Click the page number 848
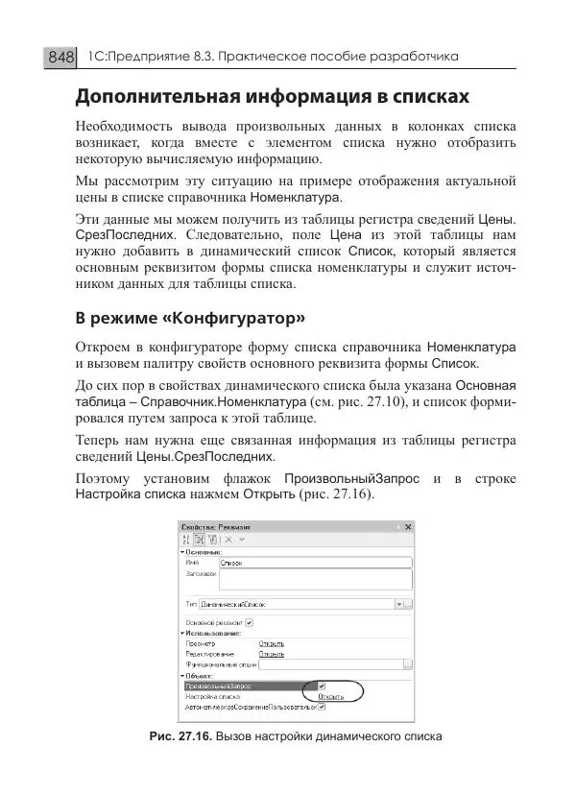tap(60, 58)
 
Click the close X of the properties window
tap(408, 526)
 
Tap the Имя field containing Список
tap(315, 564)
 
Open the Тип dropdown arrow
tap(397, 605)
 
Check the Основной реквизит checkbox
tap(250, 622)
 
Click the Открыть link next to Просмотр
tap(272, 643)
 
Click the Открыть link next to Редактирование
tap(272, 653)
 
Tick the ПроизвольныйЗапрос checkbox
tap(322, 687)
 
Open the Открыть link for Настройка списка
tap(330, 697)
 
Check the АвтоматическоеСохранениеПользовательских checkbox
tap(322, 708)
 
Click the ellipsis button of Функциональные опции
tap(408, 663)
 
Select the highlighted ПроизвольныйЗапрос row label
tap(211, 687)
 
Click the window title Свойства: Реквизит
tap(216, 526)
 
